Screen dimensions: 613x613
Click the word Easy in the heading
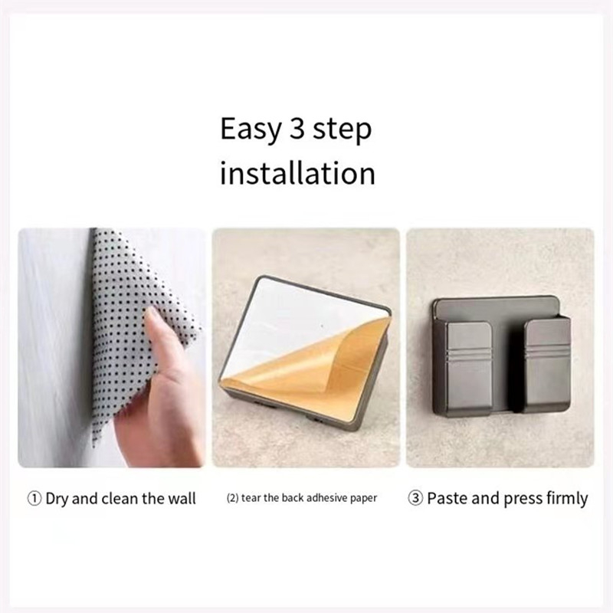(251, 129)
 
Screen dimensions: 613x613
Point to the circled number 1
(34, 499)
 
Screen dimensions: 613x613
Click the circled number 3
(415, 499)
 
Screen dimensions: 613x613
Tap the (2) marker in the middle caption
(233, 498)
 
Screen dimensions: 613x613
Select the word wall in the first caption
(182, 499)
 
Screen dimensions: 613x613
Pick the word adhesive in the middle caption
(323, 498)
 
